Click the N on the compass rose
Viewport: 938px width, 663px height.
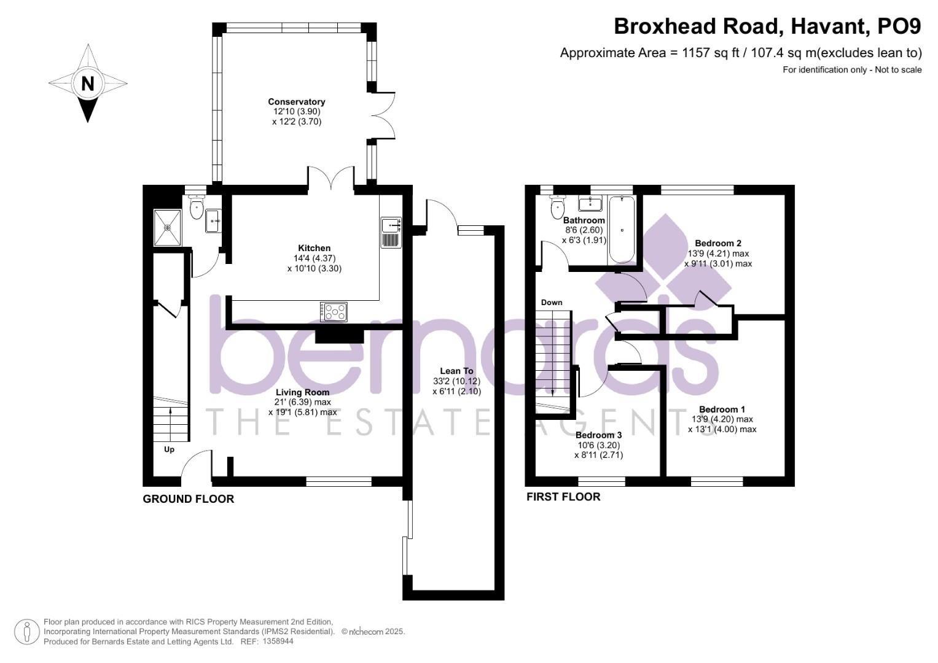click(88, 83)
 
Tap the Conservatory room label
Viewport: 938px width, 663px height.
click(296, 102)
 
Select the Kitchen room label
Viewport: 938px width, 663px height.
click(315, 248)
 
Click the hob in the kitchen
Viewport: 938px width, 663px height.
click(334, 312)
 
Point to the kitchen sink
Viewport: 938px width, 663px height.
click(391, 226)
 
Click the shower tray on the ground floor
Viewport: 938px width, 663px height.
click(167, 227)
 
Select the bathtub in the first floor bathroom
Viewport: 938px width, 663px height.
click(622, 230)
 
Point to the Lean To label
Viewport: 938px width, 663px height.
click(456, 371)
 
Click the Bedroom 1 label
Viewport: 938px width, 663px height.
click(722, 409)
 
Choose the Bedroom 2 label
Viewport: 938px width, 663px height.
click(717, 243)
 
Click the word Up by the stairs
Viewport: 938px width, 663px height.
click(169, 449)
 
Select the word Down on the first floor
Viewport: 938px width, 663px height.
click(551, 303)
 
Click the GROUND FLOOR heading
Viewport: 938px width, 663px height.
click(188, 499)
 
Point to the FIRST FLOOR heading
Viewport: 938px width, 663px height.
click(563, 497)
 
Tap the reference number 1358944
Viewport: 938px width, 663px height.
click(278, 642)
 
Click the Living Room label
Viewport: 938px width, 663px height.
click(302, 392)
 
